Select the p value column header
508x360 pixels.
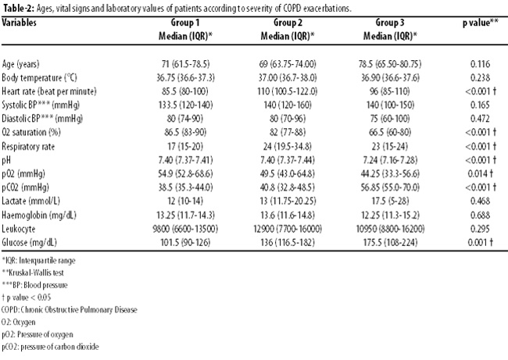[480, 23]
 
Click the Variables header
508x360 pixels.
[19, 23]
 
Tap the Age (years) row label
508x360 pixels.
[20, 64]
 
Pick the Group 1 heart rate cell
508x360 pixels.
[185, 91]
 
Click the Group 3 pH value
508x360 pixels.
[390, 160]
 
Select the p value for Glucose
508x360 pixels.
[480, 242]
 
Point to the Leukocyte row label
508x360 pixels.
[19, 229]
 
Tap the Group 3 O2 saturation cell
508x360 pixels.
[390, 133]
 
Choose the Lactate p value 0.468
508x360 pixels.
[480, 201]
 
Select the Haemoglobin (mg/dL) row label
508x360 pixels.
[39, 215]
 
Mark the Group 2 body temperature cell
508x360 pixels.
[288, 77]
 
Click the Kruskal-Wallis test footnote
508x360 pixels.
[33, 273]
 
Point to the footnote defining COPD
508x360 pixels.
[70, 310]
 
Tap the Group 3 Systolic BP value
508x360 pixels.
[390, 105]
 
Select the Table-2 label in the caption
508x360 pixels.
[18, 9]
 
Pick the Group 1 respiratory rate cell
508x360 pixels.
[185, 146]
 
